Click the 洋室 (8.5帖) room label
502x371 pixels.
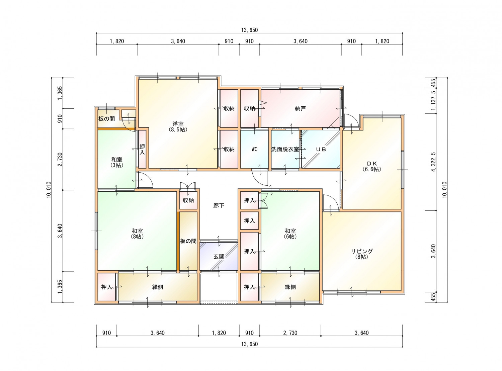178,127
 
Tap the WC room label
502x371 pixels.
254,149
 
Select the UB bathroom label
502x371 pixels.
321,149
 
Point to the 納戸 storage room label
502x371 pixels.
300,109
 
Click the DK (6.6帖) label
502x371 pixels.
371,166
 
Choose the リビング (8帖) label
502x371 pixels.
362,254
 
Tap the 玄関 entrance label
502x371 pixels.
219,257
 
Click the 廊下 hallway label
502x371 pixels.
219,205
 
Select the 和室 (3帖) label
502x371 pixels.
117,162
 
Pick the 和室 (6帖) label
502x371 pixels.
290,234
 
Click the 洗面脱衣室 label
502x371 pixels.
285,149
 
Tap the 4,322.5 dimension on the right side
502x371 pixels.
433,162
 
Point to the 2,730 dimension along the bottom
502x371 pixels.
290,333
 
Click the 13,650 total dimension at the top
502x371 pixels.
249,30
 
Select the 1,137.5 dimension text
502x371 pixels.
433,101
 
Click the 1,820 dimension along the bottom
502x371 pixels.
219,333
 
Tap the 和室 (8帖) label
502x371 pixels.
137,234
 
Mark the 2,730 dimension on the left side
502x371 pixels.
60,160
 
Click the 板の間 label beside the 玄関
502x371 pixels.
188,241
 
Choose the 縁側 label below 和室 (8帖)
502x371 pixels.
158,287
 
